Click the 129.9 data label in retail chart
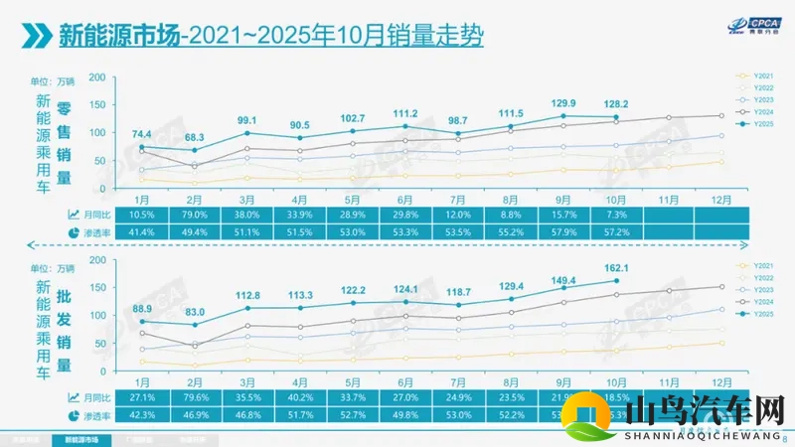tap(563, 103)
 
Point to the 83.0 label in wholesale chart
tap(195, 313)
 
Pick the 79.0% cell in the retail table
tap(195, 215)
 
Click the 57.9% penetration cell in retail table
tap(563, 230)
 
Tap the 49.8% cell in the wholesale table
tap(406, 415)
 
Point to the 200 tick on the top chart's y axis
tap(97, 76)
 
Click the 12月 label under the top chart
tap(724, 198)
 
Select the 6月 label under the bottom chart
tap(406, 381)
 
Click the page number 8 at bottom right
tap(786, 437)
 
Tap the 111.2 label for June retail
tap(405, 113)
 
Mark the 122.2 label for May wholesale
tap(354, 289)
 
